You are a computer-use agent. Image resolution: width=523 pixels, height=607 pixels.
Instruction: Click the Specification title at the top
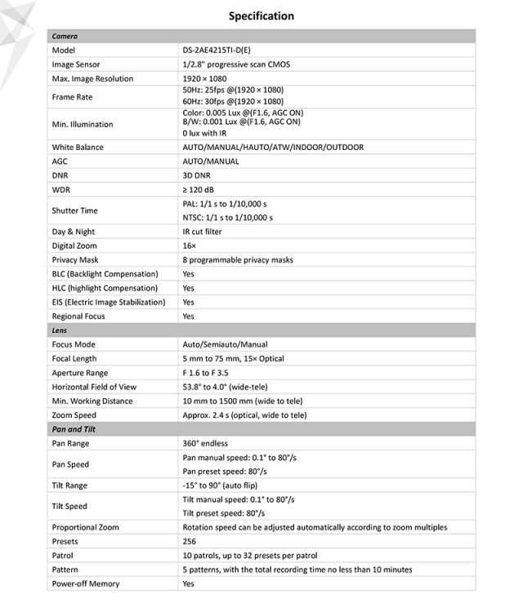click(x=261, y=16)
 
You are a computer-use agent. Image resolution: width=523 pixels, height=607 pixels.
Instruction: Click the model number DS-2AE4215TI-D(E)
click(x=217, y=51)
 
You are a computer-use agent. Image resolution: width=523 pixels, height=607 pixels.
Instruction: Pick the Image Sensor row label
click(x=78, y=64)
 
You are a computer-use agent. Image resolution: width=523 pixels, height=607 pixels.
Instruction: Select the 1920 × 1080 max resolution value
click(x=204, y=79)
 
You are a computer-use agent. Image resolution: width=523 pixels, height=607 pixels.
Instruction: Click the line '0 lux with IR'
click(x=204, y=132)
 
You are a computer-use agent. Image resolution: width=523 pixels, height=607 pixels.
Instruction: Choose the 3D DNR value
click(x=199, y=175)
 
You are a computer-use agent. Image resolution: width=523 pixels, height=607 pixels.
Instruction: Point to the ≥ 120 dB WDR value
click(x=200, y=189)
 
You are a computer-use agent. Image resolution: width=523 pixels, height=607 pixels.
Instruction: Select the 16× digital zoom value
click(x=190, y=246)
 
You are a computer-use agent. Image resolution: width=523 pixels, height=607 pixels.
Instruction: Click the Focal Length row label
click(x=74, y=359)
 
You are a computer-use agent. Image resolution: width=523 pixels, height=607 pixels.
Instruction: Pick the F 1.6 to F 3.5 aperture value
click(x=211, y=373)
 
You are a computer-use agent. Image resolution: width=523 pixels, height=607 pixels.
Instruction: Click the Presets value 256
click(x=190, y=542)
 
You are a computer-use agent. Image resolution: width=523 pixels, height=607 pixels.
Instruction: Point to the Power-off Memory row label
click(x=86, y=584)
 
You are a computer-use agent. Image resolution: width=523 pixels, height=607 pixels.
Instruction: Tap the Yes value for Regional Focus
click(x=189, y=317)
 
